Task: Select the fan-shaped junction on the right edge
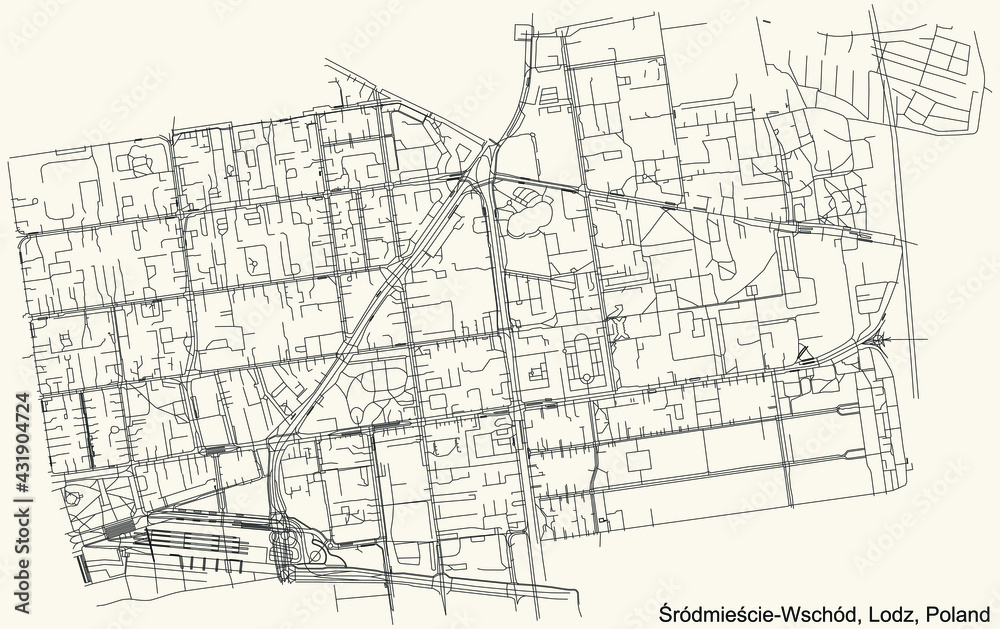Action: [880, 343]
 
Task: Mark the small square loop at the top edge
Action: [549, 97]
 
